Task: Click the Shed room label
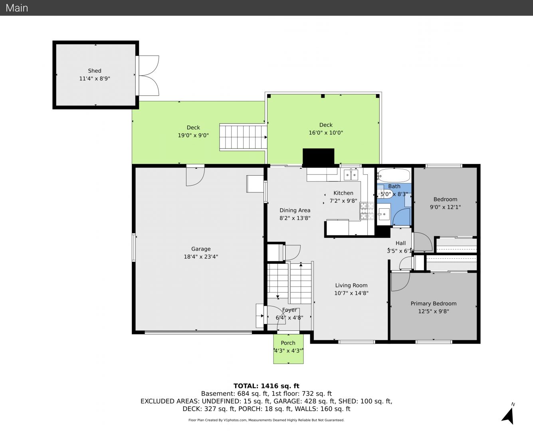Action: (x=94, y=71)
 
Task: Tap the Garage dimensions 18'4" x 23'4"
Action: (x=201, y=257)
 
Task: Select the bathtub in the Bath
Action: (x=394, y=175)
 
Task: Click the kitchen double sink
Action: (x=351, y=175)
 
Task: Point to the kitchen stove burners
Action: (x=367, y=211)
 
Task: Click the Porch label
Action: (x=288, y=343)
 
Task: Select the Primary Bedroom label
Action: (x=434, y=304)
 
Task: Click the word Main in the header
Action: (x=17, y=8)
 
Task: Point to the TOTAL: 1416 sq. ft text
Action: (x=266, y=386)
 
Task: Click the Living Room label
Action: (x=351, y=285)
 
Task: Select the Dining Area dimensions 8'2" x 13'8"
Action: (x=295, y=218)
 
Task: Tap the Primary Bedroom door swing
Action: (x=400, y=282)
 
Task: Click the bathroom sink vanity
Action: (x=384, y=214)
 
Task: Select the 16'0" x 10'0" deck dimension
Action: (x=326, y=133)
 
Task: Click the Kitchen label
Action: (x=343, y=193)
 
